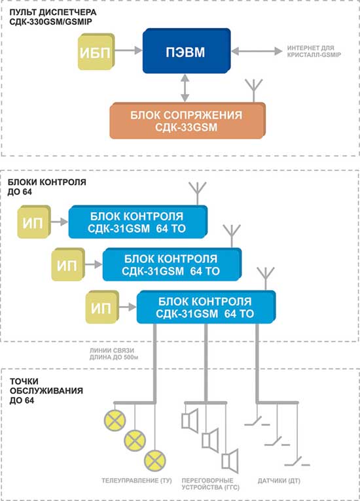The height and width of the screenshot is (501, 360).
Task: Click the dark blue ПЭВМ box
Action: pos(187,51)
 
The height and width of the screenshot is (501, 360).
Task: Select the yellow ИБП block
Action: pos(96,52)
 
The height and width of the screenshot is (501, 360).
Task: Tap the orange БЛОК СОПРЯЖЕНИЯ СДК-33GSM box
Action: pos(188,120)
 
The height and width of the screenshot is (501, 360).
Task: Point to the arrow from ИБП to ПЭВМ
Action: pos(128,50)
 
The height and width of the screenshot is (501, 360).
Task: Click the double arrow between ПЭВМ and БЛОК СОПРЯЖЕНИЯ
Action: pos(185,88)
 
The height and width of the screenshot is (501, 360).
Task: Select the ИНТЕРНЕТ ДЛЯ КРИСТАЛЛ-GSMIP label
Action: pos(314,51)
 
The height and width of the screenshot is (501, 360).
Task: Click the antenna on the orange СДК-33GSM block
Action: pos(253,90)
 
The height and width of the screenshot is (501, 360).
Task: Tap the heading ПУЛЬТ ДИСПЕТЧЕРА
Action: pos(53,12)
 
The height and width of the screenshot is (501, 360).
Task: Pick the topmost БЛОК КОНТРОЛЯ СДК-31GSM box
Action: pos(138,222)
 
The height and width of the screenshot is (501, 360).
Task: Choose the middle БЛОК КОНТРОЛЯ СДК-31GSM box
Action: pos(172,264)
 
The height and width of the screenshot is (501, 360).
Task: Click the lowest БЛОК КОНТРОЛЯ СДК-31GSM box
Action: pos(206,307)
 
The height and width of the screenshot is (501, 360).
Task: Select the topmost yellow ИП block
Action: pos(34,222)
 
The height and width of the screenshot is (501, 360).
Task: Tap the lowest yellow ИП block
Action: pos(102,307)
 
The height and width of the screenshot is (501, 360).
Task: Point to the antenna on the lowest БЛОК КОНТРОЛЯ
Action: pos(266,279)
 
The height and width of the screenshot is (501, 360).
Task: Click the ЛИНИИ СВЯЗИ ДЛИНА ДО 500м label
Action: pos(114,354)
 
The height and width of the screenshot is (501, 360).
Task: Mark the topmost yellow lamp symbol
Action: pos(115,421)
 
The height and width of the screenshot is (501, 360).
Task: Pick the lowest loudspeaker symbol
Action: pos(230,460)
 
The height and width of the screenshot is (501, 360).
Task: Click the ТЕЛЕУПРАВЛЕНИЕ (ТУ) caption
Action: pos(137,481)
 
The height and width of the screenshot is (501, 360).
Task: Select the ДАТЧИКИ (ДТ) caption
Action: pos(279,481)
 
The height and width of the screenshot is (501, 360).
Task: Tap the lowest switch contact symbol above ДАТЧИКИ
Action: pos(297,462)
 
